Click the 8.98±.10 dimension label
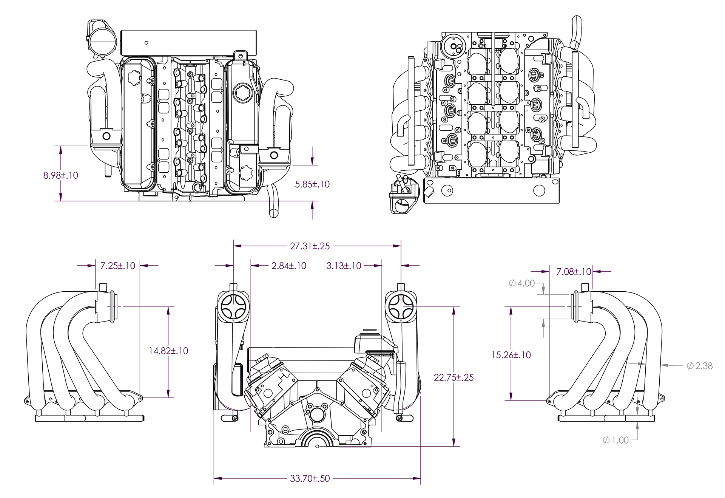pyautogui.click(x=61, y=175)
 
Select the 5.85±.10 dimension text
pyautogui.click(x=312, y=184)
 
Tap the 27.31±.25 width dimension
pyautogui.click(x=310, y=246)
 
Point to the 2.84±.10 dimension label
pyautogui.click(x=289, y=266)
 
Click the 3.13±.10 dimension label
pyautogui.click(x=344, y=266)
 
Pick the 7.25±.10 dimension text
pyautogui.click(x=118, y=266)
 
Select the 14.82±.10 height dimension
pyautogui.click(x=168, y=351)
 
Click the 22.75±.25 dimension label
pyautogui.click(x=454, y=377)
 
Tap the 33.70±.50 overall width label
pyautogui.click(x=310, y=478)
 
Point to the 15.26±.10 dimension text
pyautogui.click(x=511, y=355)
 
